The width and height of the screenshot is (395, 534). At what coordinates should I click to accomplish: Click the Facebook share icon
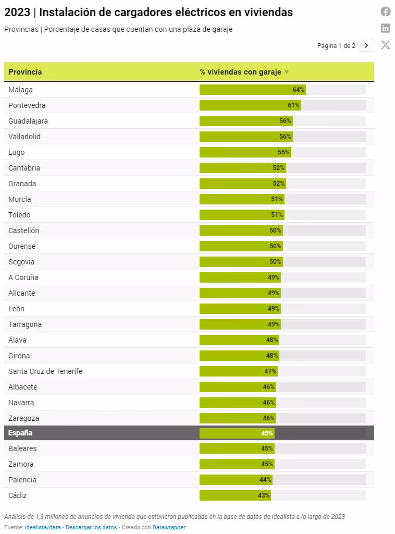click(386, 11)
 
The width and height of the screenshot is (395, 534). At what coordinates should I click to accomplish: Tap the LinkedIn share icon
click(386, 28)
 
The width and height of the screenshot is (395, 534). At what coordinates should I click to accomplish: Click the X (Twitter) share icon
click(386, 45)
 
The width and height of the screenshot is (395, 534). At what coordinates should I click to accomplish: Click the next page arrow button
click(366, 45)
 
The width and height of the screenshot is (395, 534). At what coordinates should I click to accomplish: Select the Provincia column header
click(25, 72)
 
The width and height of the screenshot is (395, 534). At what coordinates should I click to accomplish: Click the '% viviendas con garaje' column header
click(240, 72)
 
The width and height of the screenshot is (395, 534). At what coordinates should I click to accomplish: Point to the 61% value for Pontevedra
click(293, 105)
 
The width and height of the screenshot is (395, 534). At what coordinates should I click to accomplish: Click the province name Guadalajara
click(28, 121)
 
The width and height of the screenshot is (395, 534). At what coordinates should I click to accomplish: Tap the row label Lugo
click(17, 152)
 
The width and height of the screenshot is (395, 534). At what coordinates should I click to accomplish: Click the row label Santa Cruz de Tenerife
click(45, 371)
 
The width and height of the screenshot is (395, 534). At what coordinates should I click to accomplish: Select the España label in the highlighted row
click(20, 433)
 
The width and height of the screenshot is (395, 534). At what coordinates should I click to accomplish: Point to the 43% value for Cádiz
click(264, 495)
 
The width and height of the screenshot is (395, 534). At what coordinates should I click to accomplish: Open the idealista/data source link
click(43, 527)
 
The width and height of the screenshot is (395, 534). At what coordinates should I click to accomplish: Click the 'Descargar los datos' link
click(91, 527)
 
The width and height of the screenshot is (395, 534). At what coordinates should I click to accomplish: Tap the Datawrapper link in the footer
click(169, 527)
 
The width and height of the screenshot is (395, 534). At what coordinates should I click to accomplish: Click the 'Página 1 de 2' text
click(336, 46)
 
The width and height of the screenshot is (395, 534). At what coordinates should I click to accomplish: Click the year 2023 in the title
click(17, 13)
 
